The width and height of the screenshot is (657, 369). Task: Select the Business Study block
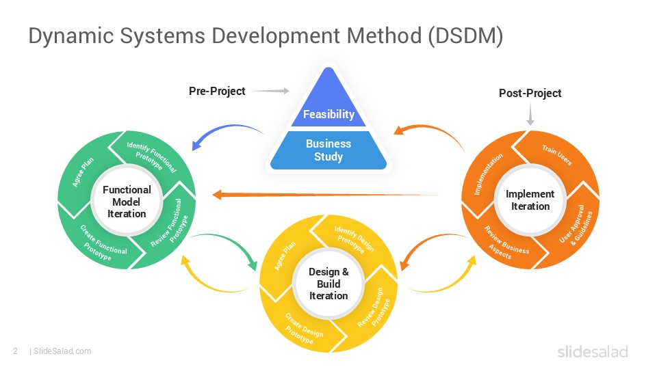pyautogui.click(x=328, y=150)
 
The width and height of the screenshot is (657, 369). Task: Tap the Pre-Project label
pyautogui.click(x=217, y=91)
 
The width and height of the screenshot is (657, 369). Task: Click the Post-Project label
pyautogui.click(x=530, y=93)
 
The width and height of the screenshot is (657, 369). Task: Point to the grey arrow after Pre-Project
pyautogui.click(x=274, y=91)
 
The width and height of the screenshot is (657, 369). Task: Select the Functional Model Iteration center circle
pyautogui.click(x=127, y=202)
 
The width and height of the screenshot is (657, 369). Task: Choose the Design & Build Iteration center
pyautogui.click(x=328, y=284)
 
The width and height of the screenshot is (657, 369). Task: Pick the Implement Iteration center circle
pyautogui.click(x=530, y=200)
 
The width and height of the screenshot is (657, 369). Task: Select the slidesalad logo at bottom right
pyautogui.click(x=592, y=352)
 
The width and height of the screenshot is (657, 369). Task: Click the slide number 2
pyautogui.click(x=15, y=351)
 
